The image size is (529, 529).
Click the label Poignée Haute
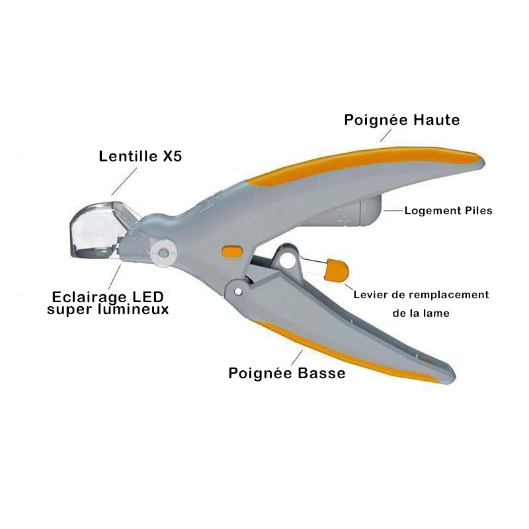[402, 120]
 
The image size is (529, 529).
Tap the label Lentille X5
[140, 156]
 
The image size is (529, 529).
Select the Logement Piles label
[448, 210]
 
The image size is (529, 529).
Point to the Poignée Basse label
[287, 373]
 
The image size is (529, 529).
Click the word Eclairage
[89, 298]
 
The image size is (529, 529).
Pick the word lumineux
[134, 309]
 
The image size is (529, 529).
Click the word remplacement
[450, 295]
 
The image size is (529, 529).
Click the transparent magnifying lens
[96, 229]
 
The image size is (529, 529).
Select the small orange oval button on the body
[232, 252]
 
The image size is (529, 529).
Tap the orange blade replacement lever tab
[336, 270]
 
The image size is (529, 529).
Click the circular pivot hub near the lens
[163, 253]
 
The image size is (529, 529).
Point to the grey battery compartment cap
[371, 210]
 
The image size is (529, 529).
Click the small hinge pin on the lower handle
[238, 292]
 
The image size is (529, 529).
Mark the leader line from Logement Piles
[393, 210]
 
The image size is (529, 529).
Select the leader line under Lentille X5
[124, 181]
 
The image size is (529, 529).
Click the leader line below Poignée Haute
[386, 136]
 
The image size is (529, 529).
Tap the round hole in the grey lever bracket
[286, 261]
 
